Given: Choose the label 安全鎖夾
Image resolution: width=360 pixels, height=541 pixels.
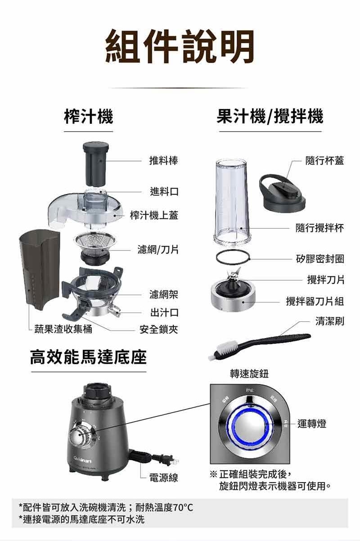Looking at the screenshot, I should coord(158,330).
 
